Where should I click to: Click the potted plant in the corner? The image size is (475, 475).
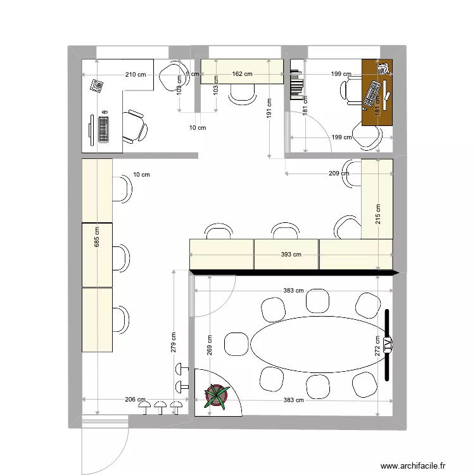[216, 395]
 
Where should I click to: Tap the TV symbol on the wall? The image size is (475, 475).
[387, 345]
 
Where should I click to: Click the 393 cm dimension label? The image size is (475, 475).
[291, 255]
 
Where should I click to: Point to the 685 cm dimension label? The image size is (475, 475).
[97, 238]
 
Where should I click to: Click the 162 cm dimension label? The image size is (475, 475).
[242, 74]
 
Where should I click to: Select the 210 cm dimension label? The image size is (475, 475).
[135, 75]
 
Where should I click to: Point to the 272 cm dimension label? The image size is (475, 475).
[377, 346]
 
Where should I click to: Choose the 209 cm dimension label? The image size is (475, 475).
[339, 173]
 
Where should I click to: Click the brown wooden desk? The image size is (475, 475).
[377, 91]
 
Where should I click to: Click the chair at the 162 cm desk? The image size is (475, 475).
[241, 93]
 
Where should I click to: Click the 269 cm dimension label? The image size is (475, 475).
[210, 345]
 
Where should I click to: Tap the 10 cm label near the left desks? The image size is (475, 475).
[141, 175]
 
